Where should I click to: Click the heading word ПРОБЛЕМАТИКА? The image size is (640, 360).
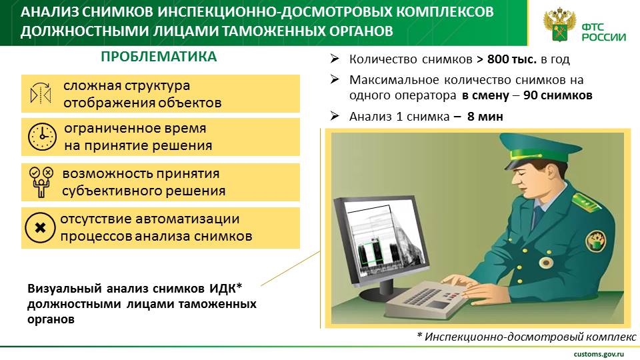[159, 56]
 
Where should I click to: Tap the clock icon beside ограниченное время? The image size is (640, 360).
[42, 137]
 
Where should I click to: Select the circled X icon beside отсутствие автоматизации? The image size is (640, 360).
[40, 228]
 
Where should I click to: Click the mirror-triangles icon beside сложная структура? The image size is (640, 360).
[41, 93]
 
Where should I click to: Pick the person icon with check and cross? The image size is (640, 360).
[41, 182]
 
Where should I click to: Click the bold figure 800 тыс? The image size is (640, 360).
[512, 59]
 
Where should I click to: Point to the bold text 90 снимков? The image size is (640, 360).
[557, 95]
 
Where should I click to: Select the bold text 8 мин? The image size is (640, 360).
[485, 117]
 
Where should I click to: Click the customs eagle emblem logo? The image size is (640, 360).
[559, 25]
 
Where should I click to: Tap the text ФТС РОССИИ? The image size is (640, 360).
[604, 32]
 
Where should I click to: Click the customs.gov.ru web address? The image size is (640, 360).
[599, 354]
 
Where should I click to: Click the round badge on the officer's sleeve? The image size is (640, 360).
[596, 241]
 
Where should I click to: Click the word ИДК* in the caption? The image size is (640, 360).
[226, 289]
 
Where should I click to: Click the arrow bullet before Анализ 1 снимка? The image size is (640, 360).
[335, 116]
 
